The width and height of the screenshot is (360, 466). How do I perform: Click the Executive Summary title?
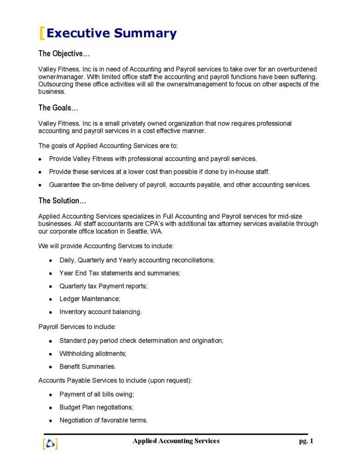pyautogui.click(x=111, y=33)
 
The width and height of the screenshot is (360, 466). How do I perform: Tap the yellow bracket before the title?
pyautogui.click(x=42, y=33)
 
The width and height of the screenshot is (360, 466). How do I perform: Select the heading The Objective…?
pyautogui.click(x=61, y=54)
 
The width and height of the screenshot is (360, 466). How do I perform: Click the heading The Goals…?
pyautogui.click(x=58, y=108)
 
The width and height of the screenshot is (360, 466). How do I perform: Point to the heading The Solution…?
pyautogui.click(x=62, y=201)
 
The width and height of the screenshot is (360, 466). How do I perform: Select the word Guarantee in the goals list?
pyautogui.click(x=64, y=185)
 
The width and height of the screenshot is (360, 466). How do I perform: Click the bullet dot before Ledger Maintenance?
pyautogui.click(x=50, y=299)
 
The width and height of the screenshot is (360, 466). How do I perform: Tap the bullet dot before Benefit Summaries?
pyautogui.click(x=50, y=367)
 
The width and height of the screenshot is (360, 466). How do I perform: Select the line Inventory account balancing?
pyautogui.click(x=101, y=312)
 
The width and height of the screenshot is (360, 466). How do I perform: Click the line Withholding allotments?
pyautogui.click(x=93, y=354)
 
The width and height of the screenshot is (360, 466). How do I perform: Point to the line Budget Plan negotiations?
pyautogui.click(x=96, y=407)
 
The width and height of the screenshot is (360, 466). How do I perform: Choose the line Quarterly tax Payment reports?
pyautogui.click(x=103, y=286)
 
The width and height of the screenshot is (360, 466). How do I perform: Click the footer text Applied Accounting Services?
pyautogui.click(x=176, y=441)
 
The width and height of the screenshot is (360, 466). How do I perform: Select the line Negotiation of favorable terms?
pyautogui.click(x=103, y=420)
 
